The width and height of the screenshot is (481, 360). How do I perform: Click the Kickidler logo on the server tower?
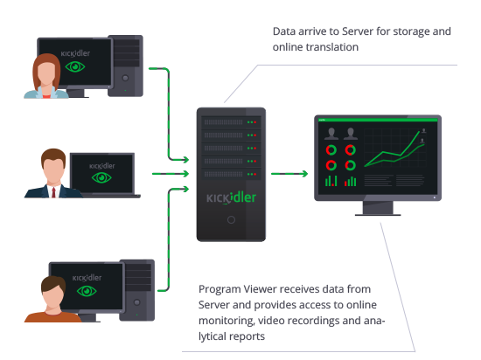(231, 197)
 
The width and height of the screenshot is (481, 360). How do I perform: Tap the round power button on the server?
(231, 219)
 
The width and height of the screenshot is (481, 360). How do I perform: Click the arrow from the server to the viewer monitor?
(289, 174)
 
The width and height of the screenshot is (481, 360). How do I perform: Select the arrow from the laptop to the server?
(171, 174)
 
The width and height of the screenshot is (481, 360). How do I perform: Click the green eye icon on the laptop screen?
(101, 177)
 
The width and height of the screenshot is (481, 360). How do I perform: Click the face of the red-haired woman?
(46, 73)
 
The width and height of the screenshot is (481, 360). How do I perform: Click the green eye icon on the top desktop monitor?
(75, 66)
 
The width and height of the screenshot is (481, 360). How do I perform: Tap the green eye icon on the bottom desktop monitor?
(87, 291)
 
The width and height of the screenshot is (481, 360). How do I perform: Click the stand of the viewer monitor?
(378, 208)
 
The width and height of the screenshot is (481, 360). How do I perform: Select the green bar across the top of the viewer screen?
(378, 120)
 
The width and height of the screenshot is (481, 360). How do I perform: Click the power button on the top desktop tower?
(125, 78)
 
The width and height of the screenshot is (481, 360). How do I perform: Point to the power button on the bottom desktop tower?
(136, 302)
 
